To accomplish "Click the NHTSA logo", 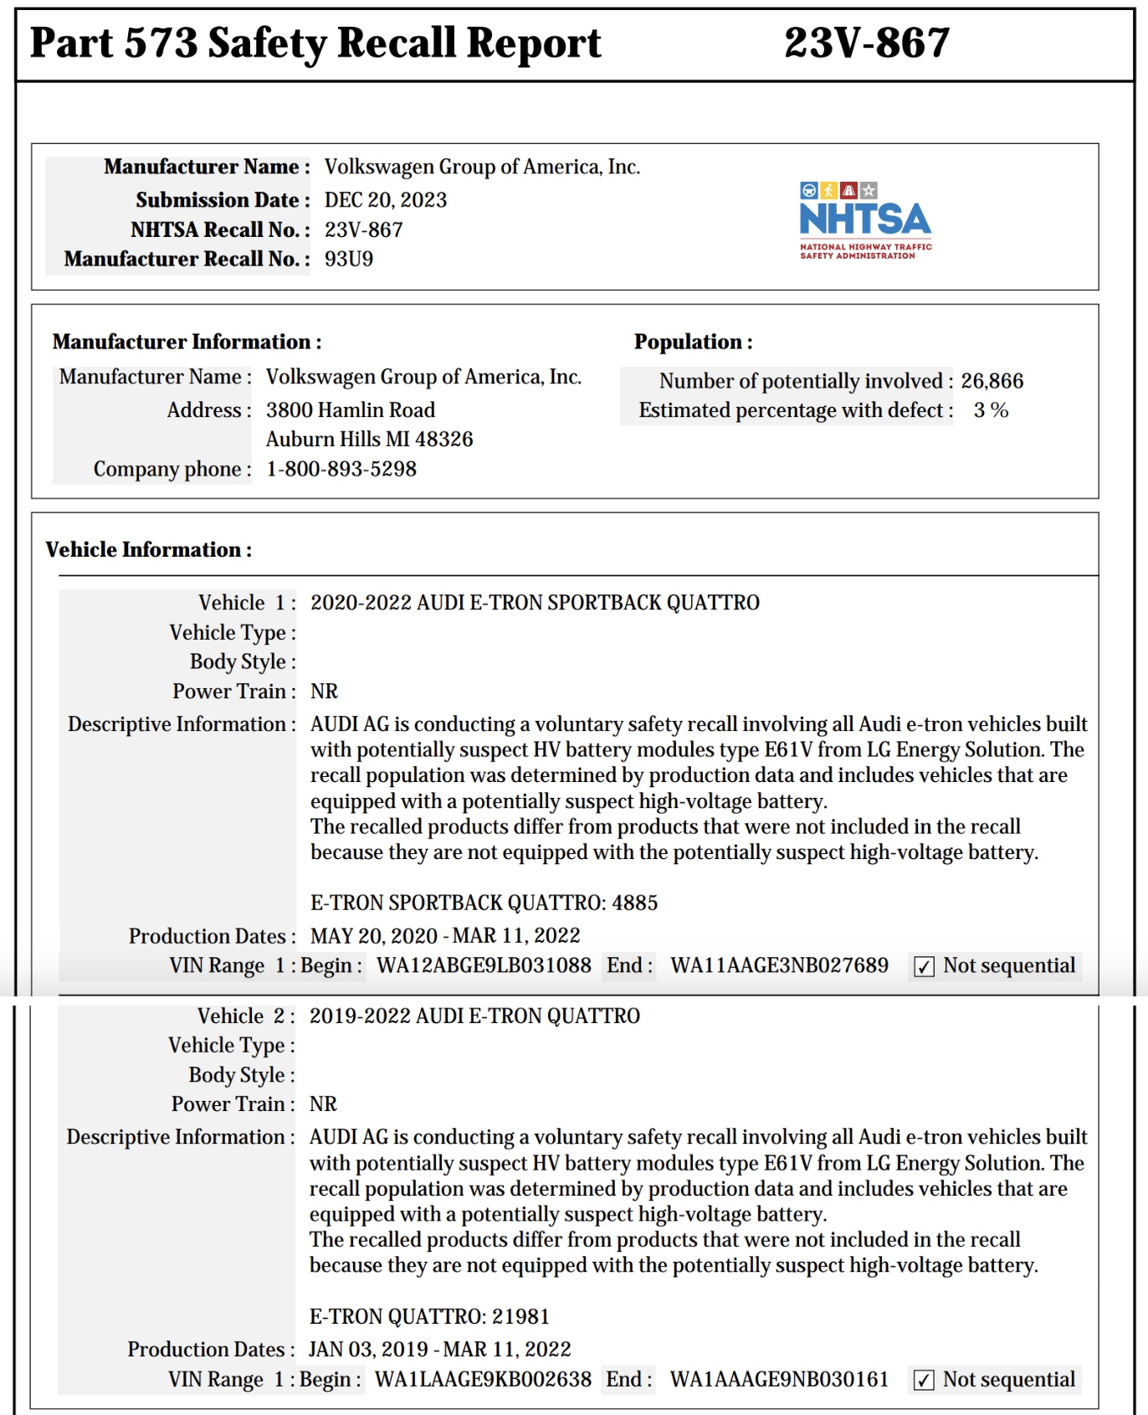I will pyautogui.click(x=865, y=220).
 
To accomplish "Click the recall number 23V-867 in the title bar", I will pyautogui.click(x=867, y=43).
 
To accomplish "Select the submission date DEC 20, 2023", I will pyautogui.click(x=386, y=200).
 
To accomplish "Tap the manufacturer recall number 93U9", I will pyautogui.click(x=349, y=259).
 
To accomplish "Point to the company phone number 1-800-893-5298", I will pyautogui.click(x=341, y=469).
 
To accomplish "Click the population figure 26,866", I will pyautogui.click(x=992, y=381).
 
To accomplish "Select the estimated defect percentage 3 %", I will pyautogui.click(x=991, y=410).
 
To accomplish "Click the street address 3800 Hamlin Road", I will pyautogui.click(x=351, y=410).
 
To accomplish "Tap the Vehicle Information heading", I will pyautogui.click(x=149, y=550).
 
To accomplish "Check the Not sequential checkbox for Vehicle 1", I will pyautogui.click(x=924, y=967).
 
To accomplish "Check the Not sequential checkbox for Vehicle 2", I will pyautogui.click(x=923, y=1380).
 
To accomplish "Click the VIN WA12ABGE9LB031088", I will pyautogui.click(x=484, y=965).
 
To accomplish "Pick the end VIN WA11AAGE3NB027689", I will pyautogui.click(x=779, y=965).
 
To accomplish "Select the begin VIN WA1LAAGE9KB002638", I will pyautogui.click(x=483, y=1379).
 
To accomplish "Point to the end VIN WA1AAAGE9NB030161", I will pyautogui.click(x=779, y=1379).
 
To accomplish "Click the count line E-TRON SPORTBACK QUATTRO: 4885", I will pyautogui.click(x=484, y=903).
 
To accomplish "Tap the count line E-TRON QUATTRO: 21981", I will pyautogui.click(x=429, y=1316).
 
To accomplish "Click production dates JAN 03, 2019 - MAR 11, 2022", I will pyautogui.click(x=439, y=1349).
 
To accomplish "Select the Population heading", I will pyautogui.click(x=693, y=342).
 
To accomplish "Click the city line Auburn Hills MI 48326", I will pyautogui.click(x=369, y=440).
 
